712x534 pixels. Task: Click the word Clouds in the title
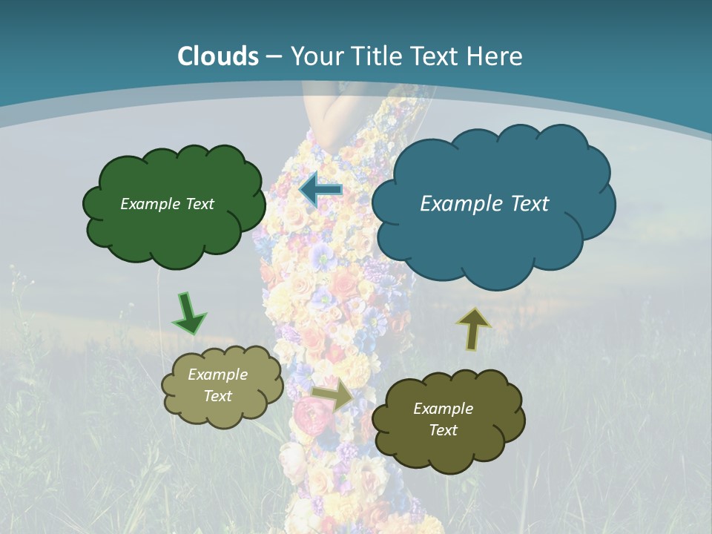[218, 56]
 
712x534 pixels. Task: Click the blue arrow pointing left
[320, 191]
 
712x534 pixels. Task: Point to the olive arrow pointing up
[473, 328]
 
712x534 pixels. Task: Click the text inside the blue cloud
[484, 203]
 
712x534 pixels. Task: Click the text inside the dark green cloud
[167, 204]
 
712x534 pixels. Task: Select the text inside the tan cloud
[217, 385]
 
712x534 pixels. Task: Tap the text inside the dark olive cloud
[443, 419]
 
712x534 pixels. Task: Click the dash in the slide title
[274, 56]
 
